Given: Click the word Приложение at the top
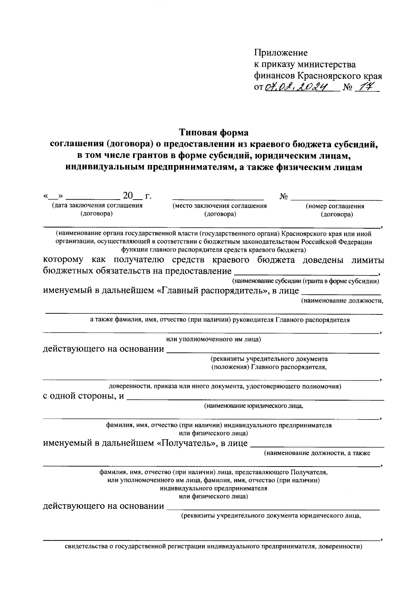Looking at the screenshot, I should (281, 53).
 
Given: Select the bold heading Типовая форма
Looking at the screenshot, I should (214, 133).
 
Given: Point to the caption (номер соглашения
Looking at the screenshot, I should (335, 206).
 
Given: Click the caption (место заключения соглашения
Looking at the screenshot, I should (220, 206).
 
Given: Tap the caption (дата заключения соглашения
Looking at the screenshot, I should (97, 206).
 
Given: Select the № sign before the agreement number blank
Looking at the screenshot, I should (284, 197).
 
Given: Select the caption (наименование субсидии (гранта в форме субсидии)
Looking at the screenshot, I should (306, 281).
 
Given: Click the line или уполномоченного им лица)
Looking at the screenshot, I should (213, 339).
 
